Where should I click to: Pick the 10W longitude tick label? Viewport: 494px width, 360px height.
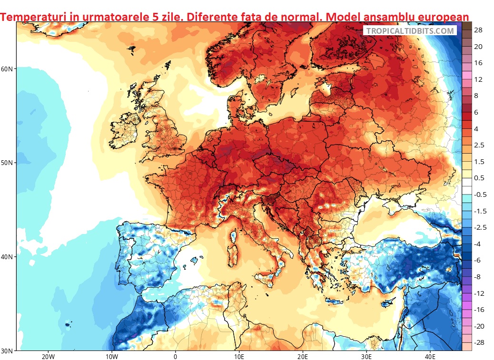pyautogui.click(x=111, y=356)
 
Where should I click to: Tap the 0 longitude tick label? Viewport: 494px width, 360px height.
pyautogui.click(x=176, y=356)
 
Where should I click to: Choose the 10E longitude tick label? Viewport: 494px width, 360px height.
pyautogui.click(x=239, y=356)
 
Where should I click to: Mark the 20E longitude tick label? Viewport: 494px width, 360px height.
pyautogui.click(x=303, y=356)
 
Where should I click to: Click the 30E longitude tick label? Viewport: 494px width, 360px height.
pyautogui.click(x=366, y=356)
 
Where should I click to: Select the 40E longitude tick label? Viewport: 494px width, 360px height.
pyautogui.click(x=430, y=356)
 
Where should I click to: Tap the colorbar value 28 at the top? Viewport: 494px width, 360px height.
pyautogui.click(x=478, y=30)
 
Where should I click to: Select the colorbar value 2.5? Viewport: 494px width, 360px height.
pyautogui.click(x=479, y=145)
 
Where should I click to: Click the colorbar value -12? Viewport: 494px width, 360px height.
pyautogui.click(x=479, y=293)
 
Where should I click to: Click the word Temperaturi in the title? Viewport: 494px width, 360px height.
pyautogui.click(x=31, y=17)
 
